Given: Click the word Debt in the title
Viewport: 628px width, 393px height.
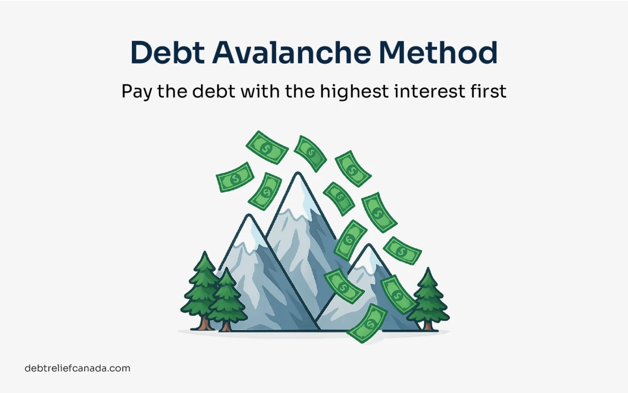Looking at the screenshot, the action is click(x=167, y=53).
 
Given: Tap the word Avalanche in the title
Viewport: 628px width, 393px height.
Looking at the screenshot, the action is click(x=292, y=52).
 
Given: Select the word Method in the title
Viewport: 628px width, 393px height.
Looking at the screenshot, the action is click(x=438, y=52).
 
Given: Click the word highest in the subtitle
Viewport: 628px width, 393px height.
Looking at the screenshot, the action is click(x=354, y=92).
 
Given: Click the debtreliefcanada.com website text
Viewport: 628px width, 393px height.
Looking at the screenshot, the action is click(x=77, y=368).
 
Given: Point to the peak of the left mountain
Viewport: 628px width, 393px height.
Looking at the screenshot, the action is click(x=249, y=215).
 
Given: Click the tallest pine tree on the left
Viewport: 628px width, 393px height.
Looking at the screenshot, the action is click(x=202, y=291).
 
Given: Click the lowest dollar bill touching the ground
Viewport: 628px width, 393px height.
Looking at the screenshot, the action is click(x=367, y=324).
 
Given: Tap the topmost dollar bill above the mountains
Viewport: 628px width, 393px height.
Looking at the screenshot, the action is click(x=267, y=147).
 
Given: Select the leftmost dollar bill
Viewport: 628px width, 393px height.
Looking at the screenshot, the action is click(x=235, y=177).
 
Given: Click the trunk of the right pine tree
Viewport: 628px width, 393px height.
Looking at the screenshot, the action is click(x=428, y=326).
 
